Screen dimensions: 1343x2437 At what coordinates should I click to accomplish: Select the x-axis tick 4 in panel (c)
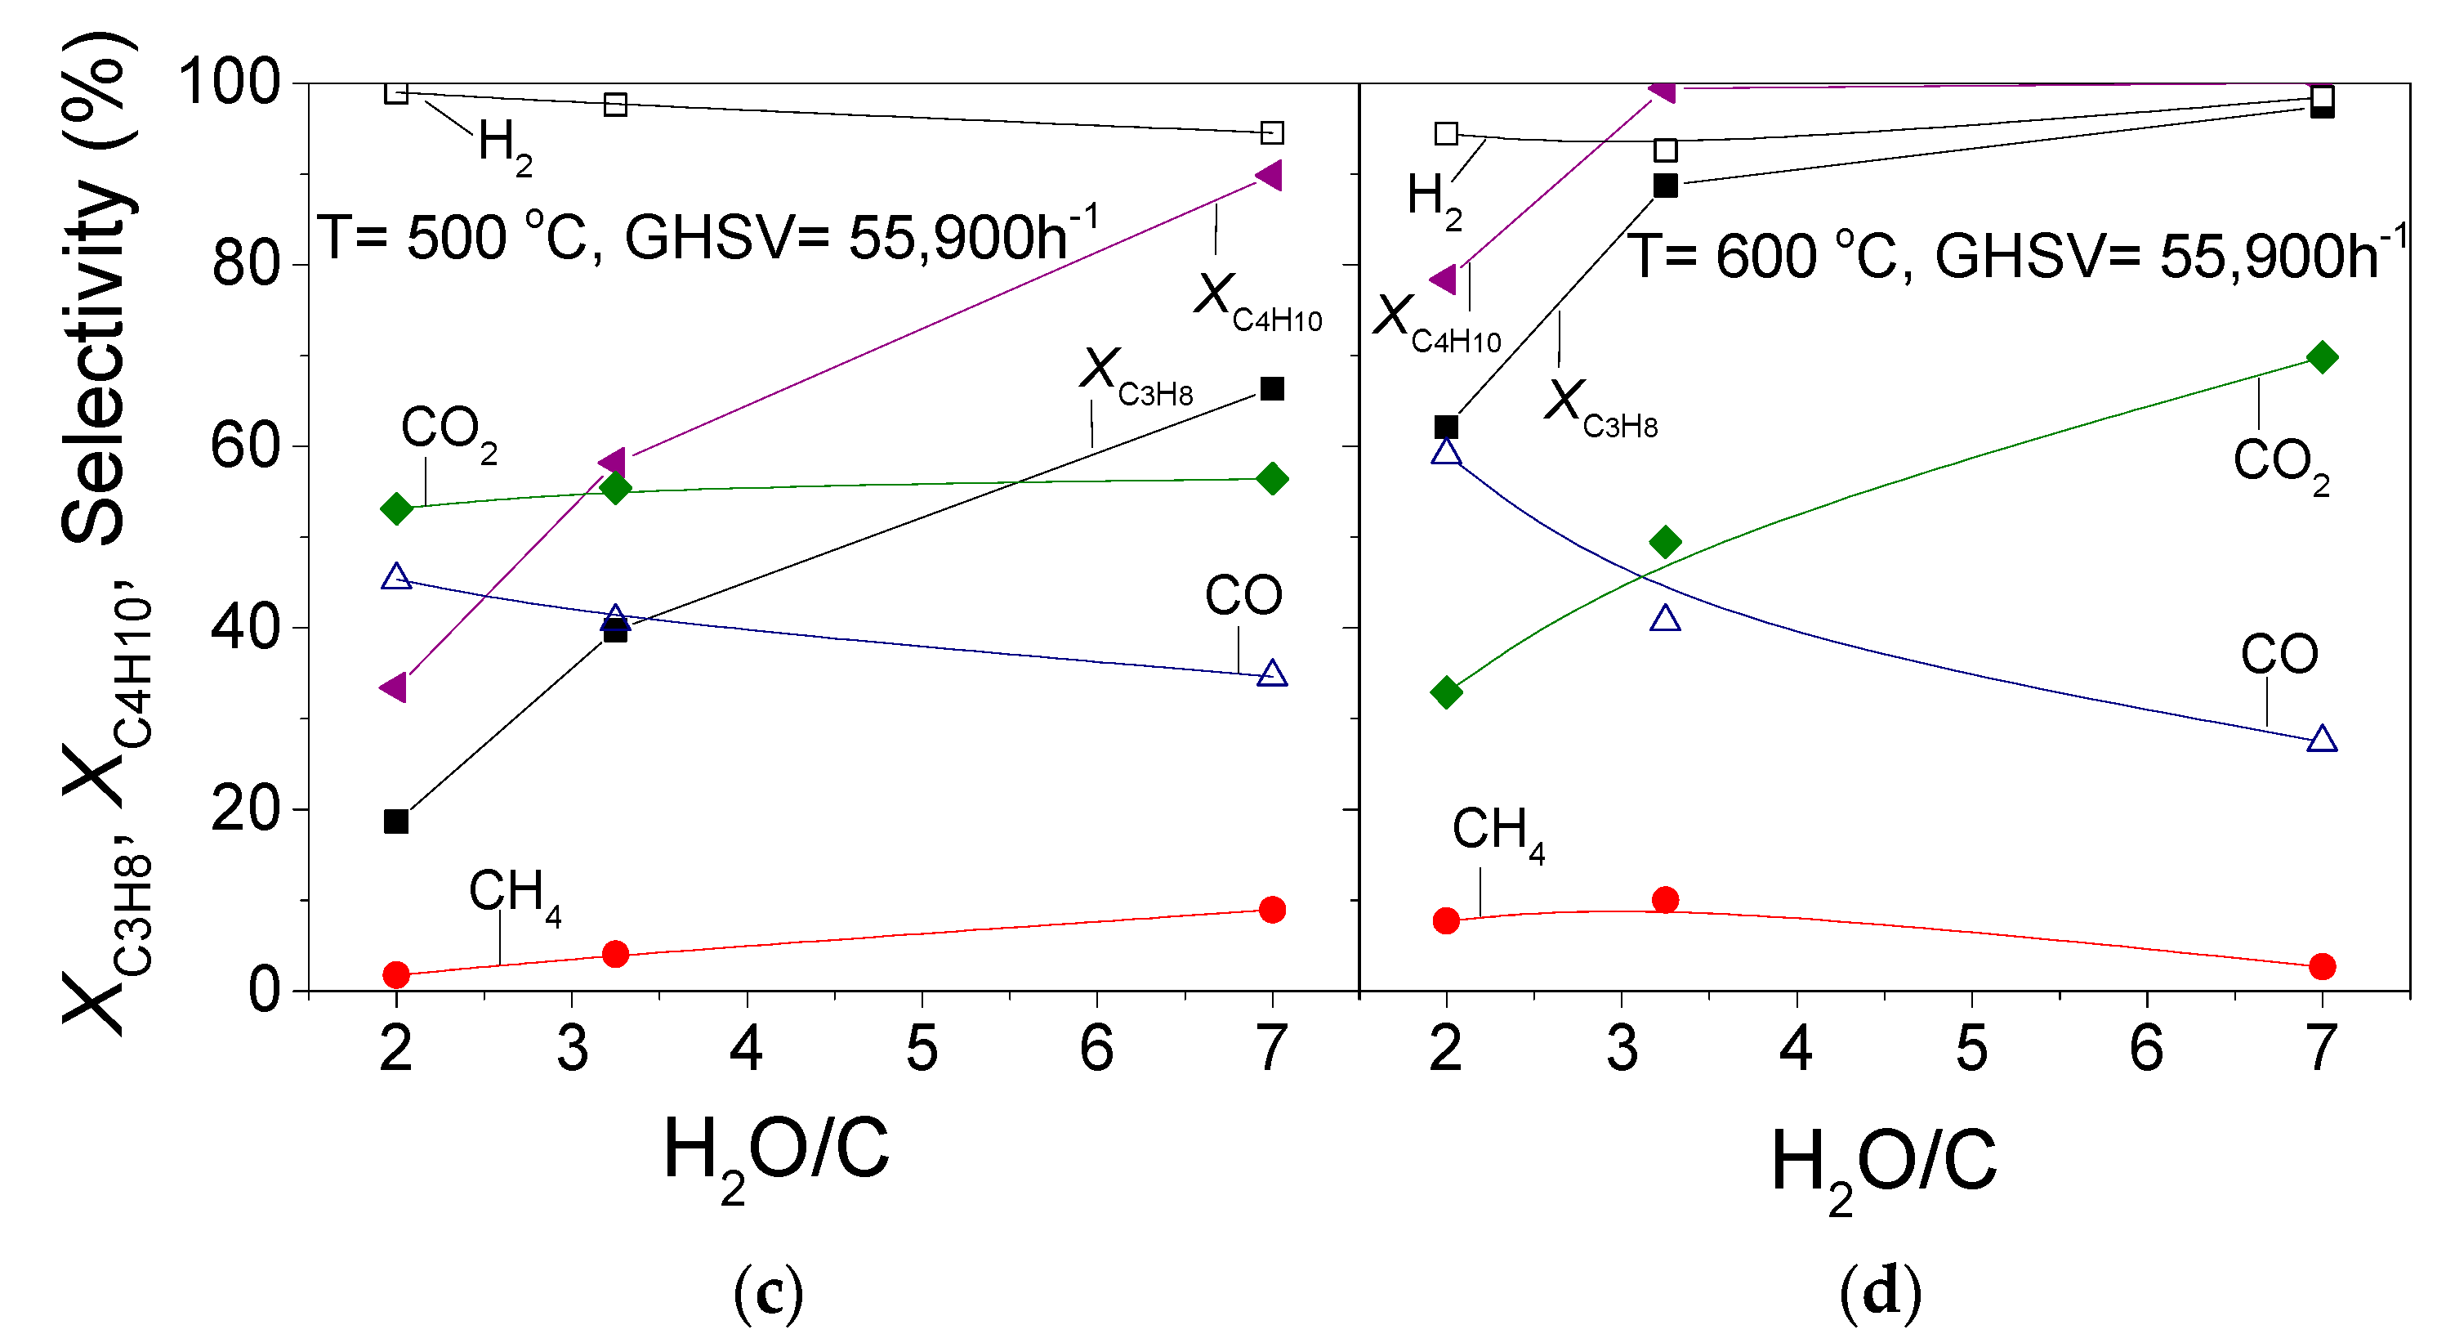(747, 1049)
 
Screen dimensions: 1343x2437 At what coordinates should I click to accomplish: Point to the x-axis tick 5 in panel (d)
(1971, 1049)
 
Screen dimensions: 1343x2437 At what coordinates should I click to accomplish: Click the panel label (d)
(1880, 1291)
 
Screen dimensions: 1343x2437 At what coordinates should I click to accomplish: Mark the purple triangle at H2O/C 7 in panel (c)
(1270, 176)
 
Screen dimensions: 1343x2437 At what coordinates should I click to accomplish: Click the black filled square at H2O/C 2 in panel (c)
(396, 821)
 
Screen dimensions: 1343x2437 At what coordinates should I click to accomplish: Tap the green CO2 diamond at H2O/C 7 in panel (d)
(2322, 358)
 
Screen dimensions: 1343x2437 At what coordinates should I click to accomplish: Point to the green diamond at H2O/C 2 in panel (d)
(1445, 692)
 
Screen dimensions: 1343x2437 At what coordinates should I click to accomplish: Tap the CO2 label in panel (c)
(448, 432)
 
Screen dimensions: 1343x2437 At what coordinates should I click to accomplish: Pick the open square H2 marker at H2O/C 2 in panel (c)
(396, 92)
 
